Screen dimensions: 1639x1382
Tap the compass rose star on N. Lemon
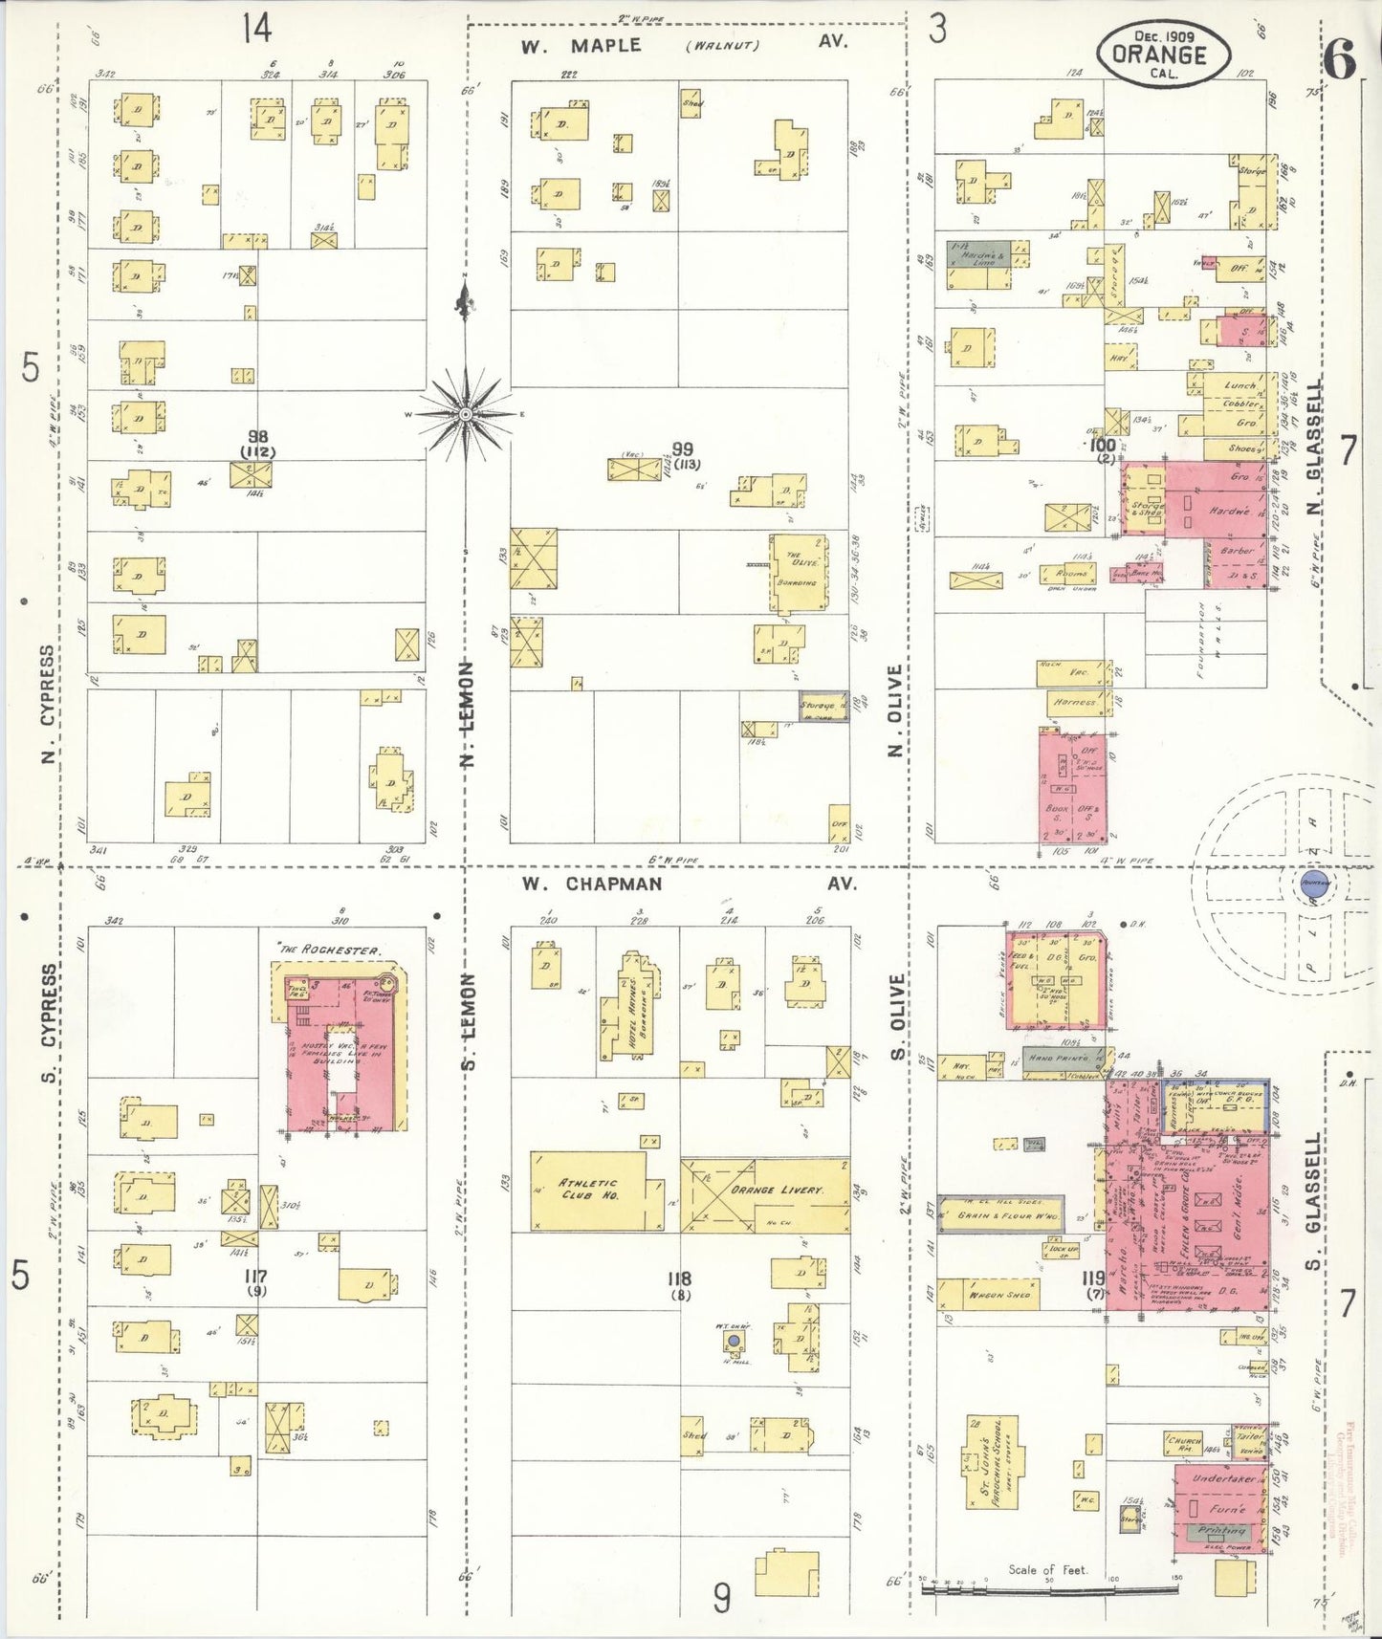(465, 414)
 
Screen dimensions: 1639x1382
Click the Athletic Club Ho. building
(588, 1191)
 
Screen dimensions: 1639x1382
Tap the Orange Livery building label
(777, 1190)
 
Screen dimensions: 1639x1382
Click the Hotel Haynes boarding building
(629, 1009)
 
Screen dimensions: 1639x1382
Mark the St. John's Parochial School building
(991, 1474)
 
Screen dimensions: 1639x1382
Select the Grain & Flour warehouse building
(1000, 1213)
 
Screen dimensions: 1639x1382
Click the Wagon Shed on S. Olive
(989, 1294)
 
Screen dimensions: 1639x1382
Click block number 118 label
(680, 1278)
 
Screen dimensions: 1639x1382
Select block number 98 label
(258, 437)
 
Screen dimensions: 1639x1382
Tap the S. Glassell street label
(1313, 1200)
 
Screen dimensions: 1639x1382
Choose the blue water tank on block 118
(733, 1343)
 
